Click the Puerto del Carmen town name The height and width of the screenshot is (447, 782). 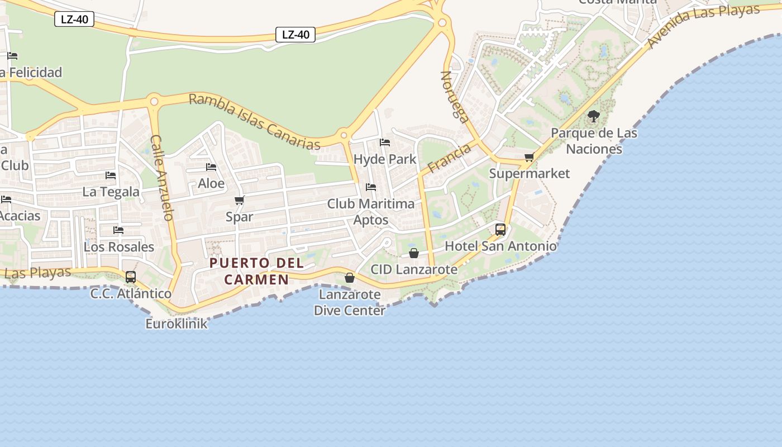[x=256, y=271]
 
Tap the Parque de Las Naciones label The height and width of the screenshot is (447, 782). [x=594, y=141]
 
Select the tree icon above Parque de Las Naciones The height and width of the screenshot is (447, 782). [x=594, y=116]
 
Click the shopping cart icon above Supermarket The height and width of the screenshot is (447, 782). [x=529, y=158]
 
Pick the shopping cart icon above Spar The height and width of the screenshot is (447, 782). [x=240, y=201]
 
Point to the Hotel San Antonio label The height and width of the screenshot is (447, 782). [x=500, y=246]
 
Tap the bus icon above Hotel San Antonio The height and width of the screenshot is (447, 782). [x=500, y=230]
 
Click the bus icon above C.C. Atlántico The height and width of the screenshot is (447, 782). [x=131, y=277]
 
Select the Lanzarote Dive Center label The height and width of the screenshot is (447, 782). [x=350, y=302]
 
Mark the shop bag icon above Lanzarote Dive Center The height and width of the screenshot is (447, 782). [x=350, y=278]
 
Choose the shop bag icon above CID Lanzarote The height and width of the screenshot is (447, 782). [x=414, y=254]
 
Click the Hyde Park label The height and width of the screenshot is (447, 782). [x=385, y=159]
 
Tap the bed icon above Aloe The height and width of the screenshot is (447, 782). [x=211, y=167]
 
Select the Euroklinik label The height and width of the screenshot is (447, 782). [x=176, y=324]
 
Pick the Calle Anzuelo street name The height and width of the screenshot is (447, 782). [x=163, y=178]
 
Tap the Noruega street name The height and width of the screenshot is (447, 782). [x=455, y=97]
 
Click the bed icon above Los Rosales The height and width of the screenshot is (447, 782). [x=118, y=230]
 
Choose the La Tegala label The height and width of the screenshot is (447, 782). [x=111, y=192]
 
